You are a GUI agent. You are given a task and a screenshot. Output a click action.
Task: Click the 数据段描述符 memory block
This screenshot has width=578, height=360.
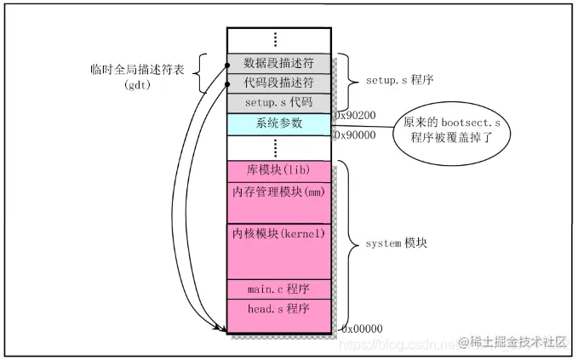point(278,63)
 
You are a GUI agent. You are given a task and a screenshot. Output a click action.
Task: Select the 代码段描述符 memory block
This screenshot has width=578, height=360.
point(278,83)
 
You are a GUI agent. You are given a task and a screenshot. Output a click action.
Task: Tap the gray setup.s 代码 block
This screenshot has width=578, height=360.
point(278,102)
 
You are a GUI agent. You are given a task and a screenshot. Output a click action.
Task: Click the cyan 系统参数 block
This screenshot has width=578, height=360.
point(278,123)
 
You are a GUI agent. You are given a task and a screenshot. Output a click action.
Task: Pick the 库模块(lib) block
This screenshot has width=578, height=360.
point(278,171)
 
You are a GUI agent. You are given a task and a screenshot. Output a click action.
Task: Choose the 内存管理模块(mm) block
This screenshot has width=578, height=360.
point(278,192)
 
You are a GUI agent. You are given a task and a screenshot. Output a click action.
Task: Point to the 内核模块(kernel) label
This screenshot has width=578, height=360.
point(278,233)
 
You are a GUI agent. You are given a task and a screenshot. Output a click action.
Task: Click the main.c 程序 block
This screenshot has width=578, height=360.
point(278,288)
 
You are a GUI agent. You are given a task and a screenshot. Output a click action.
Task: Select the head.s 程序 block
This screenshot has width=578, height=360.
point(278,308)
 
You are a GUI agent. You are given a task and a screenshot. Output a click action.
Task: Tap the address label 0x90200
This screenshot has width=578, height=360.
point(354,113)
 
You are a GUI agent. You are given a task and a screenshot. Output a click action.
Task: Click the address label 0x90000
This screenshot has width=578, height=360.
point(354,134)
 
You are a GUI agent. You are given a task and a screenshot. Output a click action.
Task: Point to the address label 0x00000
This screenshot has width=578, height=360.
point(362,329)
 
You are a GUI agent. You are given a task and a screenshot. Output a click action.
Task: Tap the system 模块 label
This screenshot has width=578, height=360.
point(396,243)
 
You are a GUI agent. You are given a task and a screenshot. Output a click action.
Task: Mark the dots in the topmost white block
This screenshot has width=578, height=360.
point(278,40)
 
